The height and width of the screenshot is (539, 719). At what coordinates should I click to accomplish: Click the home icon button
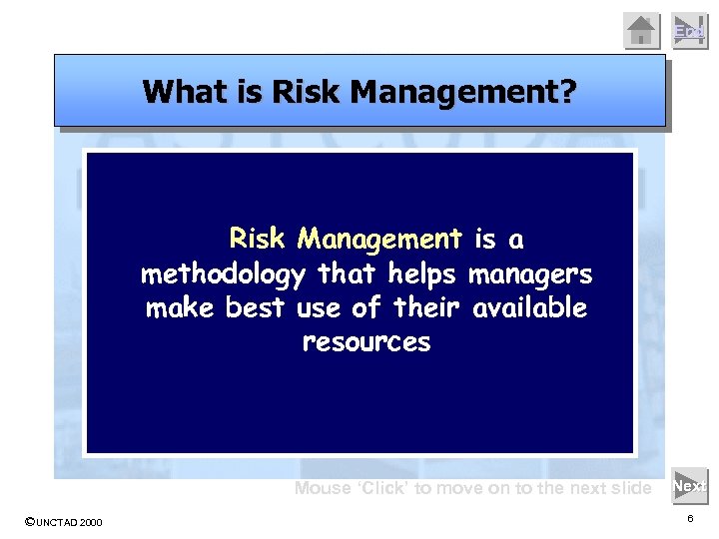coord(642,30)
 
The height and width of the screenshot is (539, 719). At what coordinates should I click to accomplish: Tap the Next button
coord(689,487)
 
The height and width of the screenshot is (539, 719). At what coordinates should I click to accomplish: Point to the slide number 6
coord(690,520)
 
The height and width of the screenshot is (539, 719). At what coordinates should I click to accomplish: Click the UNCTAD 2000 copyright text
coord(63,522)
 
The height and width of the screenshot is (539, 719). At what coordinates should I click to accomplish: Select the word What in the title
coord(176,92)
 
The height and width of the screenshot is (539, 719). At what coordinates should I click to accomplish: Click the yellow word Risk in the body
coord(257,240)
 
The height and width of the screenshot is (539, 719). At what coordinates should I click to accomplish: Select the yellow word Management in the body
coord(378,240)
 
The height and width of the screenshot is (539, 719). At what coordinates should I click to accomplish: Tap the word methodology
coord(225,273)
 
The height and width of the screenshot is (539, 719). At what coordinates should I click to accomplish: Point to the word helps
coord(422,273)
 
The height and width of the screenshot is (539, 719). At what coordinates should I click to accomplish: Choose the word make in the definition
coord(180,308)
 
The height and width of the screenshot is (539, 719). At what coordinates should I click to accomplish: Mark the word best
coord(256,308)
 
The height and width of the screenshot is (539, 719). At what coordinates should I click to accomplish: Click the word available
coord(529,308)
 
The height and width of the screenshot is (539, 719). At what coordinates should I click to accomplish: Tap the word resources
coord(365,343)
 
